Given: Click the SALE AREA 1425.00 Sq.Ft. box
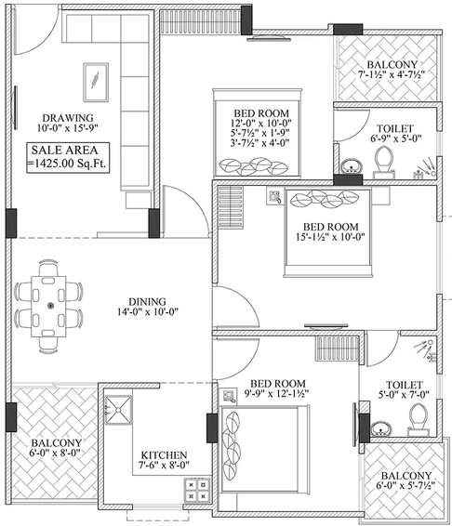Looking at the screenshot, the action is coord(68,157).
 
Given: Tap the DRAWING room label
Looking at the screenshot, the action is coord(68,123).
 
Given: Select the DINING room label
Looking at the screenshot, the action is coord(148,307).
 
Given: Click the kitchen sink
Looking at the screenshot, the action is coord(118,410).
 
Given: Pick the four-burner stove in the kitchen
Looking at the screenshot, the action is coord(197,490).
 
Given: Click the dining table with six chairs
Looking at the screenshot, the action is coord(49,306).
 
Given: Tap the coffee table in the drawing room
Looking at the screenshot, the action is coord(96,82).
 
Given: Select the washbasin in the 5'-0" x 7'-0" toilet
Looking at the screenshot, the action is coord(380,428).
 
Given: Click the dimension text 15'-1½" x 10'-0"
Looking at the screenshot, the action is coord(330,237).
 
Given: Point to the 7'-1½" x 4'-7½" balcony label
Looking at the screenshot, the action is coord(392,70).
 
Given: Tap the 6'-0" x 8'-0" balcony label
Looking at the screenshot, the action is coord(56,448).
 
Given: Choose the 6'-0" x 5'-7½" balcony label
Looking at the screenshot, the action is coord(406,480).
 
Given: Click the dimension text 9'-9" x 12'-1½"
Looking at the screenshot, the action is coord(277,393).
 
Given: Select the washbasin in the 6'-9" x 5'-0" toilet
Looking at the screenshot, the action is coord(352,166).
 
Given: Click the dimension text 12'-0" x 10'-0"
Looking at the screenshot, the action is coord(261,123).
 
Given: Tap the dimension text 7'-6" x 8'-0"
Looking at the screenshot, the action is coord(164,465).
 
